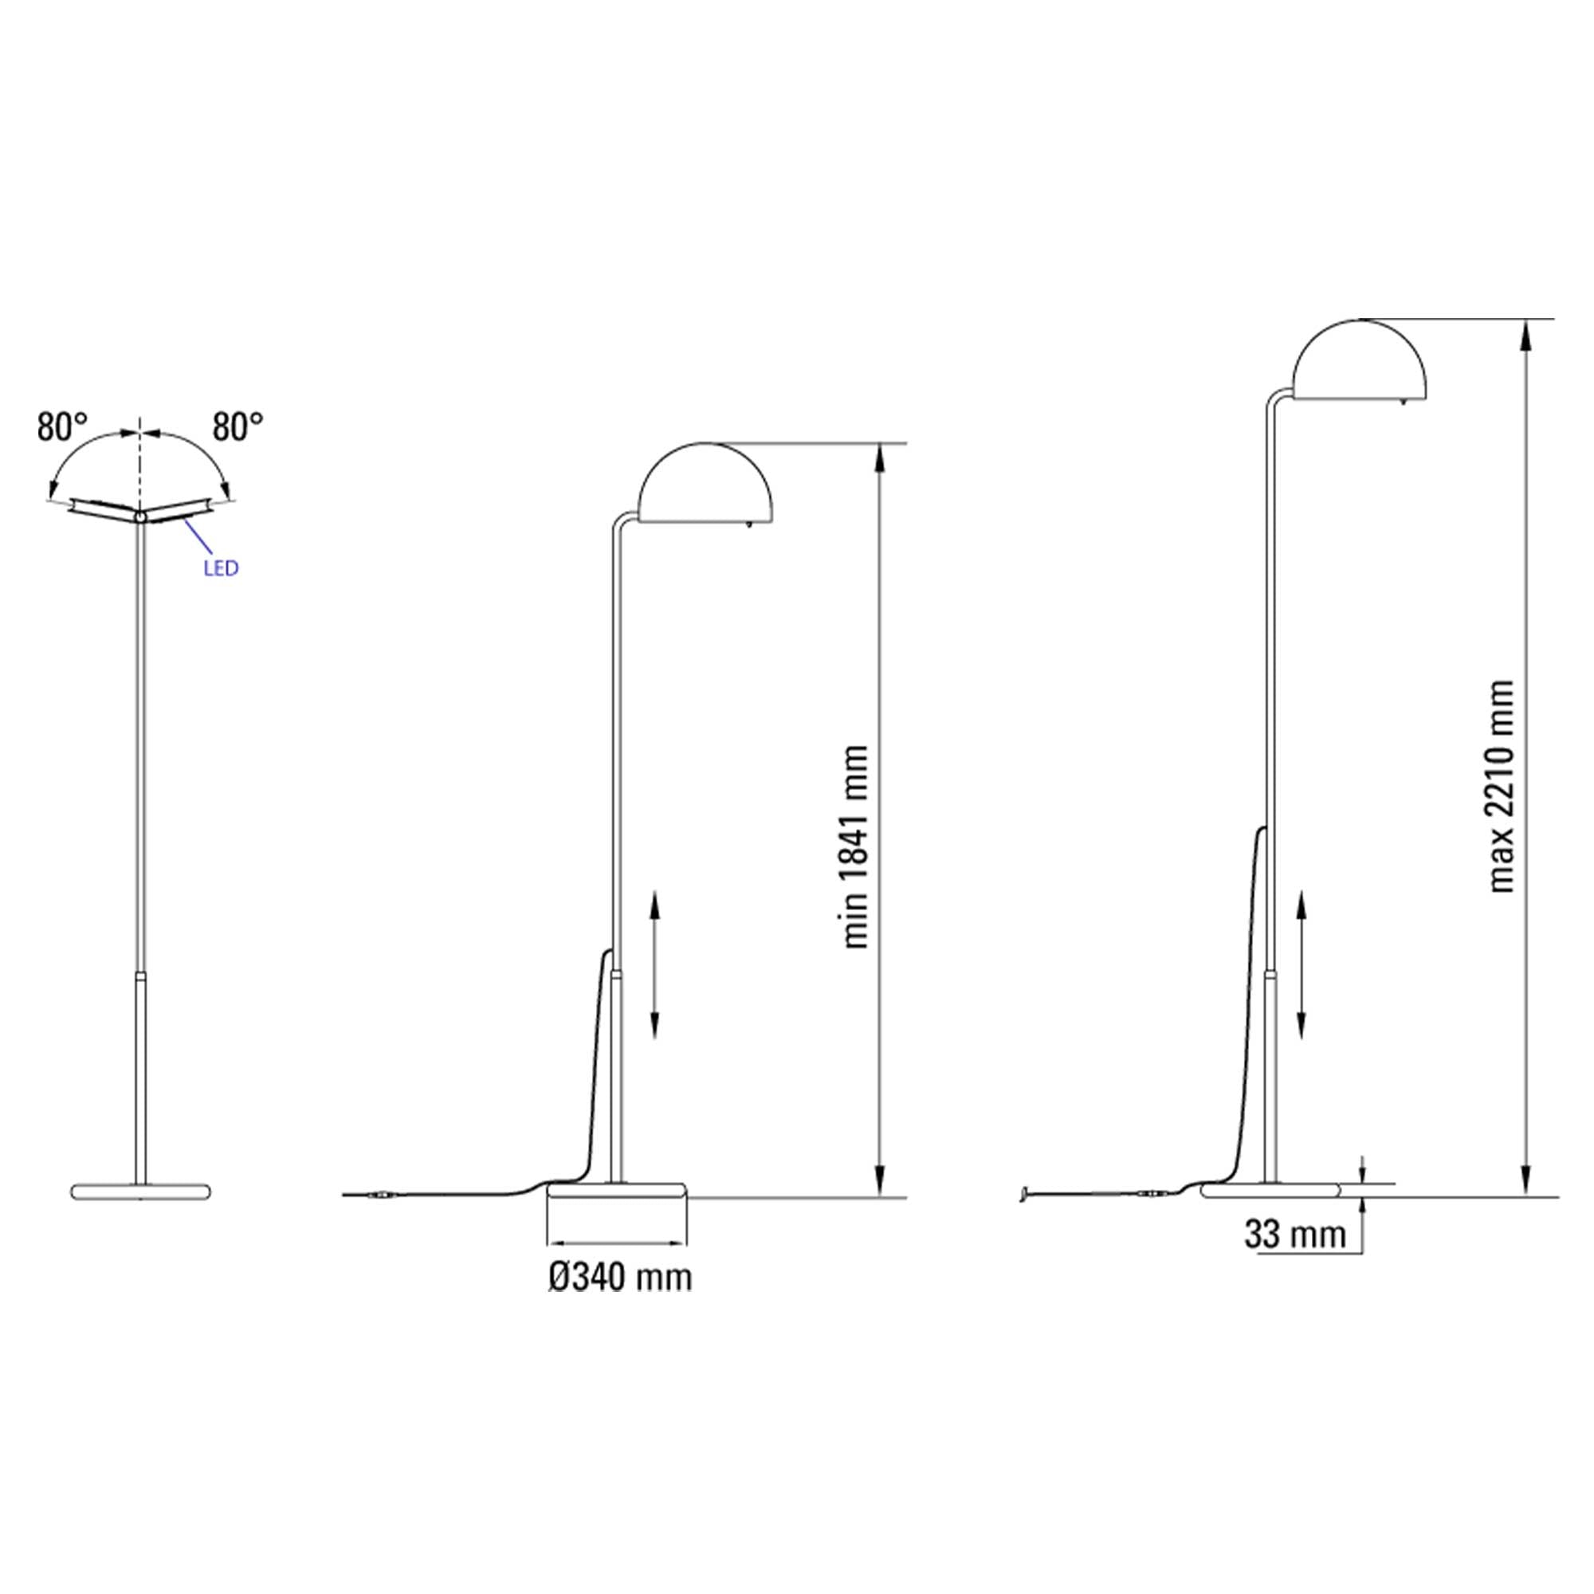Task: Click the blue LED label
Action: point(220,568)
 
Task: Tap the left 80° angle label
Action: point(63,427)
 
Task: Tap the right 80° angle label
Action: point(238,427)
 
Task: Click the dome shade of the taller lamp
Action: point(1359,363)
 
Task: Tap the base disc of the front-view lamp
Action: point(141,1192)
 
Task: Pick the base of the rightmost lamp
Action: point(1271,1190)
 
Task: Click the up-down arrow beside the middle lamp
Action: point(654,963)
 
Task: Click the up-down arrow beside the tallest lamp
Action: point(1302,963)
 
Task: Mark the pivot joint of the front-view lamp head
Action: point(140,516)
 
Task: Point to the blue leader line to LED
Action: point(198,539)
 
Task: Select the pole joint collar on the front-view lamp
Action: point(141,976)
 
